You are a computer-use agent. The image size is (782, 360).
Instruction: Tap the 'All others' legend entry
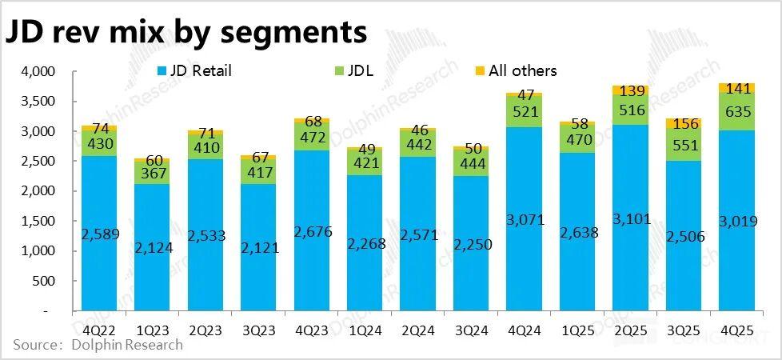click(515, 70)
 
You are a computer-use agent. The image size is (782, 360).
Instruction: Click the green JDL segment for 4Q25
click(736, 111)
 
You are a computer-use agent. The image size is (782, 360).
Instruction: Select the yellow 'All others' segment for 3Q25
click(683, 123)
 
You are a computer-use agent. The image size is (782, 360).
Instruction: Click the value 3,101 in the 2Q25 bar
click(630, 219)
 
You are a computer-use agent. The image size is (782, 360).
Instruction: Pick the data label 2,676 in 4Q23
click(311, 232)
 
